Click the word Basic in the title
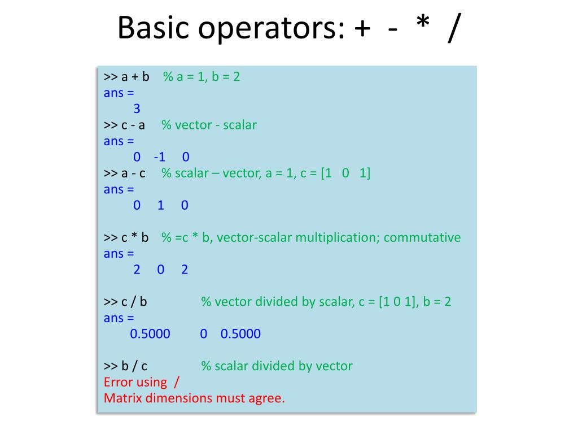pyautogui.click(x=151, y=28)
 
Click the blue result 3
pyautogui.click(x=137, y=108)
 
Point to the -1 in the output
pyautogui.click(x=159, y=157)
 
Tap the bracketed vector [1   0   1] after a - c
pyautogui.click(x=345, y=173)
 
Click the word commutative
pyautogui.click(x=422, y=237)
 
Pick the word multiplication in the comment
pyautogui.click(x=338, y=237)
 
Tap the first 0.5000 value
pyautogui.click(x=150, y=333)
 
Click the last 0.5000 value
pyautogui.click(x=240, y=333)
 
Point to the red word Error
pyautogui.click(x=119, y=382)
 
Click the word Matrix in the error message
pyautogui.click(x=122, y=398)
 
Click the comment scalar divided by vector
pyautogui.click(x=277, y=366)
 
